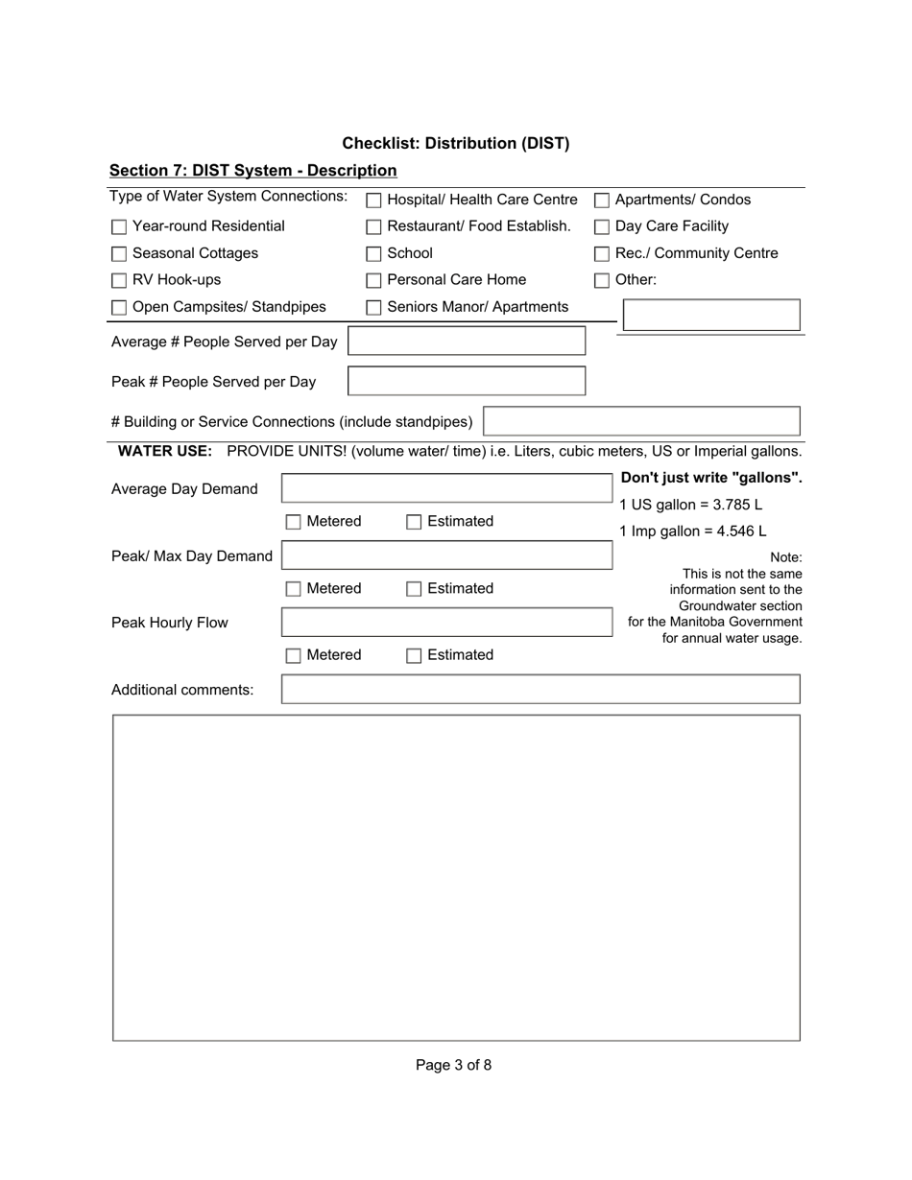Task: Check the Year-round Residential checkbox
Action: (x=119, y=227)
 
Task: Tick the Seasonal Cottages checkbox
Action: (x=119, y=254)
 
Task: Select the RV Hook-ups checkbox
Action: (x=119, y=281)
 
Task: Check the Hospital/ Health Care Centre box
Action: (x=374, y=201)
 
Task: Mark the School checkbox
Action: (x=374, y=254)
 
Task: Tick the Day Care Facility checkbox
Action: (x=602, y=227)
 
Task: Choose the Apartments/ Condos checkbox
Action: (x=602, y=201)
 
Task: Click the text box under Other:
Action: (x=711, y=315)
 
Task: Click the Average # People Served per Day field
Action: (x=466, y=342)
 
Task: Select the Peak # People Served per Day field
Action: (x=466, y=381)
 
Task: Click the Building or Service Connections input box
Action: (x=641, y=421)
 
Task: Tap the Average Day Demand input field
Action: (x=446, y=488)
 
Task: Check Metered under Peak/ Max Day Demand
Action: (x=294, y=589)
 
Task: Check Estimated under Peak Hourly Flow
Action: (x=414, y=656)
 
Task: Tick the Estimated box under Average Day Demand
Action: (x=414, y=522)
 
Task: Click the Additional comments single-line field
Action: (x=540, y=689)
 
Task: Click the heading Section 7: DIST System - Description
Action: (x=252, y=171)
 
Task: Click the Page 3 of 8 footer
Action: (x=453, y=1065)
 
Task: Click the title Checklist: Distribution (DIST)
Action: (x=455, y=144)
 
